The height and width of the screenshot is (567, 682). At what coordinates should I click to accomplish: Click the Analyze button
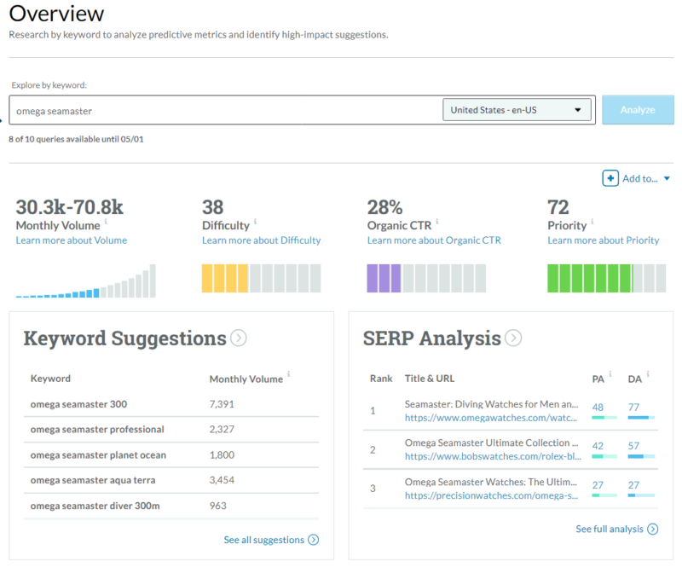(637, 110)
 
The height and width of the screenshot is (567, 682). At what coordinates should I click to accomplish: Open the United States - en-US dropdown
(517, 110)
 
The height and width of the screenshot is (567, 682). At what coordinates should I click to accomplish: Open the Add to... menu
(637, 178)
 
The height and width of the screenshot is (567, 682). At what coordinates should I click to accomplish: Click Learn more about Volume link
(71, 240)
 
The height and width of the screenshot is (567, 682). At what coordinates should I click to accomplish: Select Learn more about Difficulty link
(261, 240)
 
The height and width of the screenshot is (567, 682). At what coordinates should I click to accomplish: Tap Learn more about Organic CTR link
(434, 240)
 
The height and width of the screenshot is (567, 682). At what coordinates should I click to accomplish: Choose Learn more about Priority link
(603, 240)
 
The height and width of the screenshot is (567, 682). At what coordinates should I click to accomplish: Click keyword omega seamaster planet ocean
(98, 455)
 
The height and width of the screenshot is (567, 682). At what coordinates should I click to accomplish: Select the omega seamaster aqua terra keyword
(92, 481)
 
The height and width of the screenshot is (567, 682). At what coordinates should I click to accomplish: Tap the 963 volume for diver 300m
(219, 506)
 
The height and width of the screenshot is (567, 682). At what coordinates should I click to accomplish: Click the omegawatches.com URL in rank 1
(492, 419)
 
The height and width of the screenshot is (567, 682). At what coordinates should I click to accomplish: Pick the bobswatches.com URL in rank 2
(492, 456)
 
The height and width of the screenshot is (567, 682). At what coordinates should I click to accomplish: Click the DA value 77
(634, 408)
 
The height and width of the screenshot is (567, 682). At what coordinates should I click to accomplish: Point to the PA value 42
(598, 445)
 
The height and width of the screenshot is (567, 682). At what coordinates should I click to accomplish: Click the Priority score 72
(558, 206)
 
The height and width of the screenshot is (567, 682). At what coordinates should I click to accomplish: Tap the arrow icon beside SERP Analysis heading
(513, 338)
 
